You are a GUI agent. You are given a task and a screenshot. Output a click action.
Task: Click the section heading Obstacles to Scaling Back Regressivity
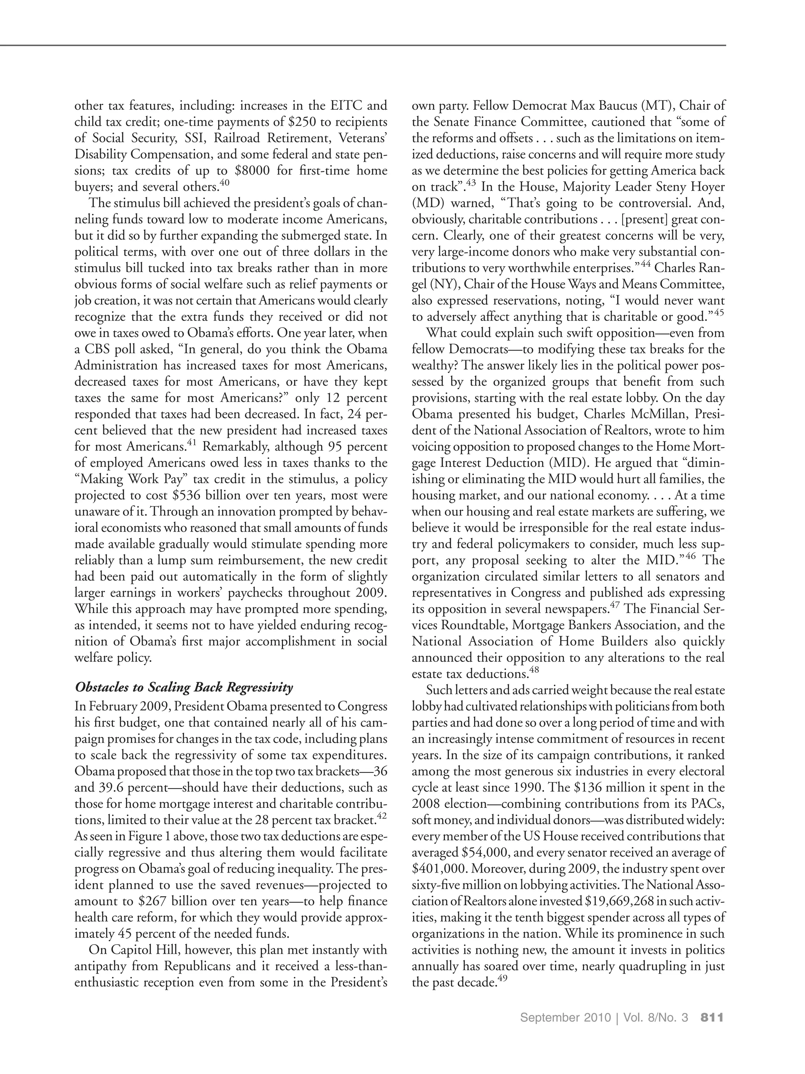184,687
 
